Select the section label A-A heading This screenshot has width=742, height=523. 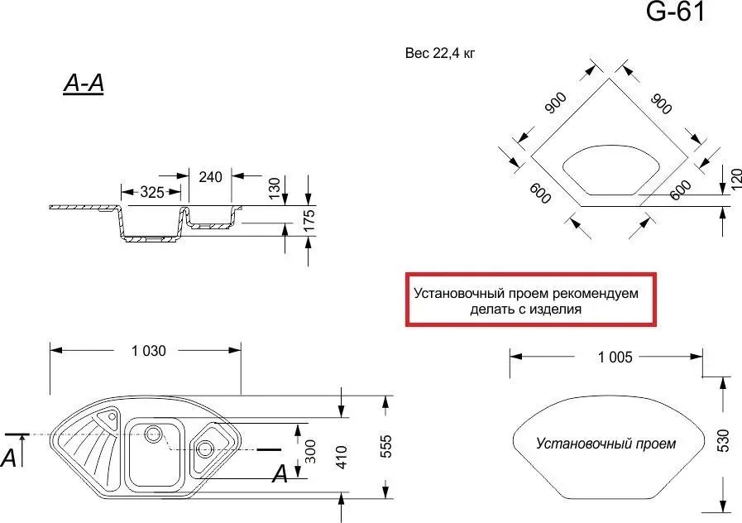[x=83, y=84]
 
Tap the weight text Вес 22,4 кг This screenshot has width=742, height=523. [x=439, y=54]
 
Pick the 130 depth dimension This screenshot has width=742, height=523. [x=275, y=188]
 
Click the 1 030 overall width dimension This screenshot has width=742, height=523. [x=148, y=350]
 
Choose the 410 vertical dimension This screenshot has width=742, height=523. [x=340, y=452]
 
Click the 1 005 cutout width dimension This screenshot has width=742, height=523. [x=614, y=357]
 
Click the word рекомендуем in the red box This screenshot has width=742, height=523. [x=595, y=293]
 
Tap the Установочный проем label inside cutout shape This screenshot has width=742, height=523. [x=606, y=444]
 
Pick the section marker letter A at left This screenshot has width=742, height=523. [x=9, y=456]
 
